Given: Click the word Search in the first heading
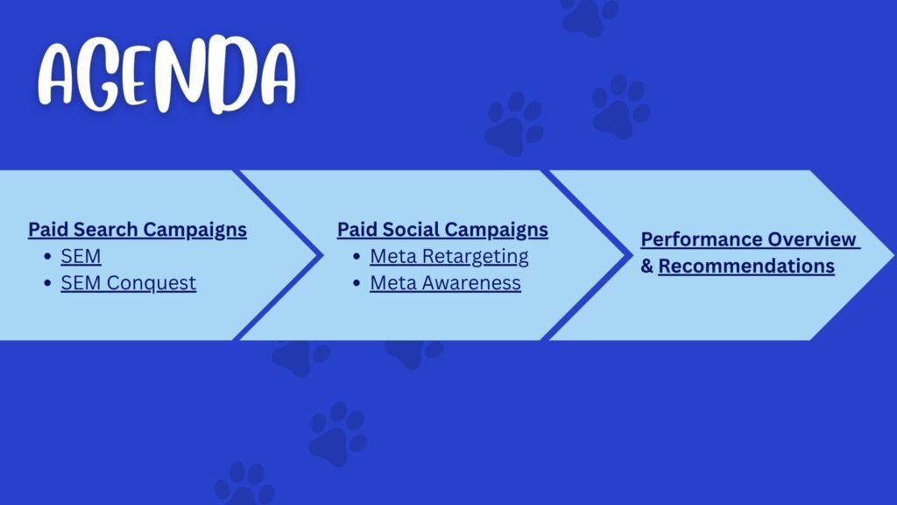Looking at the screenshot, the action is pyautogui.click(x=106, y=229).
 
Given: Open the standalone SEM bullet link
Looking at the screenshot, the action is pyautogui.click(x=81, y=256).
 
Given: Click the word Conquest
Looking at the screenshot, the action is pyautogui.click(x=151, y=283).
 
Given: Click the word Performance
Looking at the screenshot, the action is pyautogui.click(x=701, y=239).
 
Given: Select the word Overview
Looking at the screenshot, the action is pyautogui.click(x=812, y=239).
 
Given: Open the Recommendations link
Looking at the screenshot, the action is pyautogui.click(x=746, y=266).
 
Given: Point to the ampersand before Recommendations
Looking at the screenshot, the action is pyautogui.click(x=646, y=266).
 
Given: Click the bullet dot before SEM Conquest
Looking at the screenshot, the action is pyautogui.click(x=47, y=283).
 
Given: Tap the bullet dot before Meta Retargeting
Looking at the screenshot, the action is pyautogui.click(x=357, y=257).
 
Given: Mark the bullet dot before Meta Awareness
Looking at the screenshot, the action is pyautogui.click(x=357, y=283).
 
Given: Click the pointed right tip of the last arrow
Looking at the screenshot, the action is pyautogui.click(x=893, y=255).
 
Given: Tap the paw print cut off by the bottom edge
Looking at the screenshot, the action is pyautogui.click(x=244, y=484).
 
